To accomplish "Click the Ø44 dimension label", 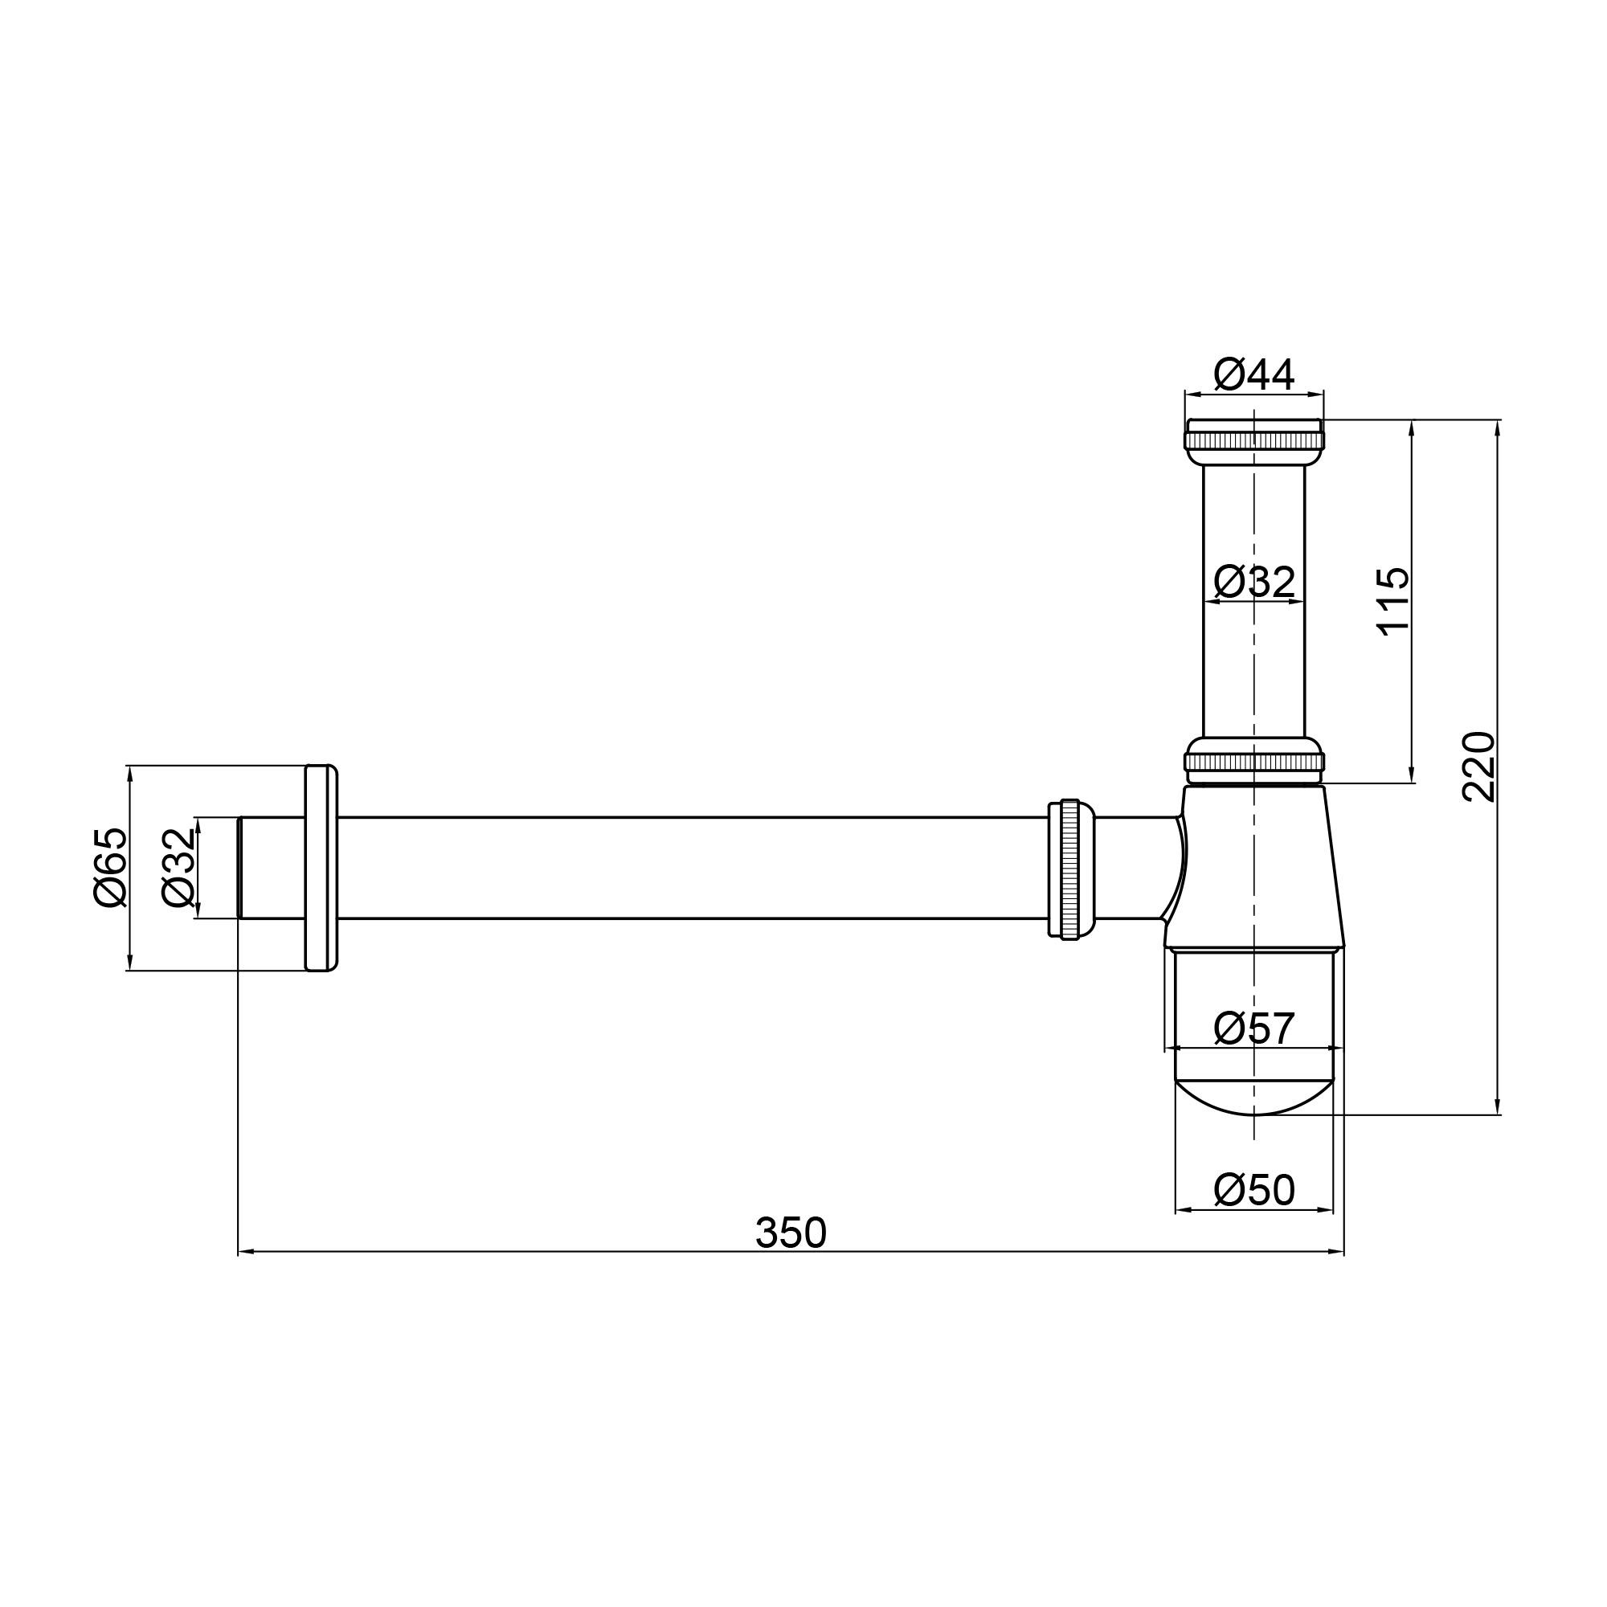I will point(1253,375).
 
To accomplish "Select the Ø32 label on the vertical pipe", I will point(1253,583).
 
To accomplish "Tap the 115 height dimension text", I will point(1393,599).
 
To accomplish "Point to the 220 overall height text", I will point(1478,766).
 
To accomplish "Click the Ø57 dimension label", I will point(1253,1029).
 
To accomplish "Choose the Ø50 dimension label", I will point(1253,1190).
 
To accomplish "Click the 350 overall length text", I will point(790,1233).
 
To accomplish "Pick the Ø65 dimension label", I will point(110,867).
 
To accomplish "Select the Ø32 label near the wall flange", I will point(178,867).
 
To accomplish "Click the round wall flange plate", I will point(321,868).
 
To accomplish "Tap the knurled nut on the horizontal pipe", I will point(1069,869).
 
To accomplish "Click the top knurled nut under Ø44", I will point(1253,438).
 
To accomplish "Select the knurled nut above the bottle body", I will point(1253,761).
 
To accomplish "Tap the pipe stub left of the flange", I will point(271,868).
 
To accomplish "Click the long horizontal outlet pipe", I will point(690,868).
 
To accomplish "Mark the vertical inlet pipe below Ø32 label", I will point(1253,665).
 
